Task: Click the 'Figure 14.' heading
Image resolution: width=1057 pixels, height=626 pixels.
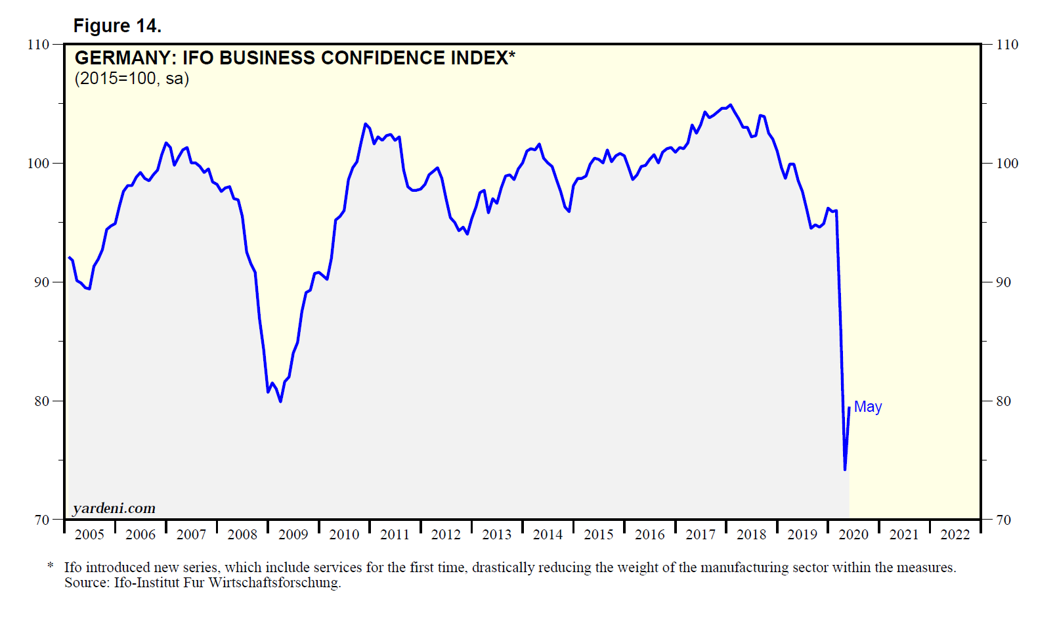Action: tap(117, 26)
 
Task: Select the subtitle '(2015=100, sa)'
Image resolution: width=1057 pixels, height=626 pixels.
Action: tap(132, 79)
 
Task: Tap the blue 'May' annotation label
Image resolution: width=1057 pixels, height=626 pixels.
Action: tap(867, 407)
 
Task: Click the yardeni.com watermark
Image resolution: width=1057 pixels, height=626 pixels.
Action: tap(114, 508)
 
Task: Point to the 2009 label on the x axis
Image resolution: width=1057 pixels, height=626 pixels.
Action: tap(293, 535)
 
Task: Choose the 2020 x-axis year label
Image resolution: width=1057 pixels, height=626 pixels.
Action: tap(853, 535)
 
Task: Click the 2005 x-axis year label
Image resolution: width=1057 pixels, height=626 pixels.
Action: tap(89, 535)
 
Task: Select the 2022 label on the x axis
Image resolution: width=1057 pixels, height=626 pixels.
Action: tap(955, 535)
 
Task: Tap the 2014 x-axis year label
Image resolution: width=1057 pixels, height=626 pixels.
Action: tap(548, 535)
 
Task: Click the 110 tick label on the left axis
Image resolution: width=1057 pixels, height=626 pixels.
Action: tap(38, 45)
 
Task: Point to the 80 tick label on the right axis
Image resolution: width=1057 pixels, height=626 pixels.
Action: tap(1003, 401)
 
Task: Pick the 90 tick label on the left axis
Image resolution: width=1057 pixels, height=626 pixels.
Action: tap(41, 282)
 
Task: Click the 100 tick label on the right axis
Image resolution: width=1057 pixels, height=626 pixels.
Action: tap(1006, 164)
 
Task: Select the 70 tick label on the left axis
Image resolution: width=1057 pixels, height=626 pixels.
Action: tap(41, 520)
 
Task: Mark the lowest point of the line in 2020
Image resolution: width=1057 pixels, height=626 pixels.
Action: tap(845, 470)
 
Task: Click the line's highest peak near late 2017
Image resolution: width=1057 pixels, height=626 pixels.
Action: tap(731, 104)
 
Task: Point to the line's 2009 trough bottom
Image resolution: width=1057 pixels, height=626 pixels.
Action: tap(280, 401)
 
